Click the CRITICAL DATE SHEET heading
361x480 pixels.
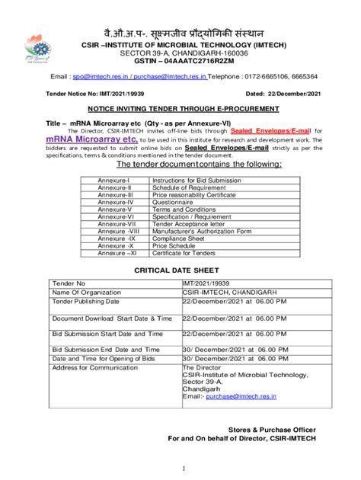click(x=180, y=270)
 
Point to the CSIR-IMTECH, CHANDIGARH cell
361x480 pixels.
click(x=228, y=291)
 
